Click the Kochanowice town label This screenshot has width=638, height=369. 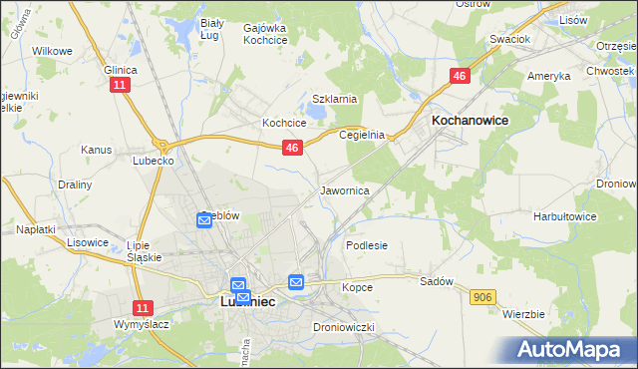470,120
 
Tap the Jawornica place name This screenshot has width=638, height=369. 346,189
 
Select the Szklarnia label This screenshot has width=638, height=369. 334,99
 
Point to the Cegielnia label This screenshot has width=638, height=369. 362,135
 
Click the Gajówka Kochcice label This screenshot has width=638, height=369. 265,34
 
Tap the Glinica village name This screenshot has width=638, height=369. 121,70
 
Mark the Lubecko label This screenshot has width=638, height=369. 155,159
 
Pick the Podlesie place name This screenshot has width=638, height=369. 366,244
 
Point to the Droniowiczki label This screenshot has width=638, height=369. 343,327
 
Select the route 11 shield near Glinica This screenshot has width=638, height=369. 120,87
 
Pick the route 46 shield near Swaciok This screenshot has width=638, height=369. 460,76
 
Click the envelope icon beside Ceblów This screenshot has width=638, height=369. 204,219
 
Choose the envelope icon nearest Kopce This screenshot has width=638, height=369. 296,282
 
